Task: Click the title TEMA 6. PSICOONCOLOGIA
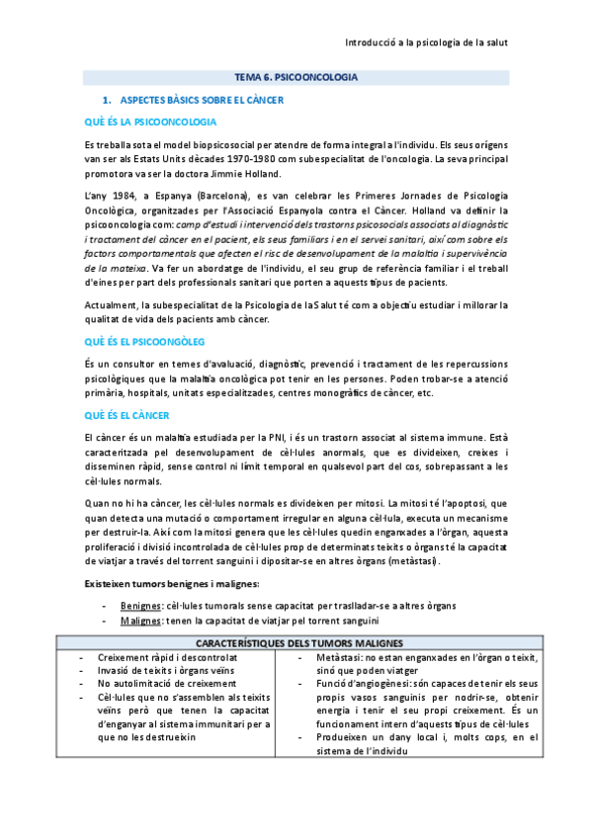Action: tap(296, 76)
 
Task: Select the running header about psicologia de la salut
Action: tap(425, 43)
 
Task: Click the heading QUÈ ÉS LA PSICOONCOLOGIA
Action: tap(150, 122)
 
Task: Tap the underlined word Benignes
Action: tap(138, 606)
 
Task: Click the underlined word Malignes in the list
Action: tap(139, 621)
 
